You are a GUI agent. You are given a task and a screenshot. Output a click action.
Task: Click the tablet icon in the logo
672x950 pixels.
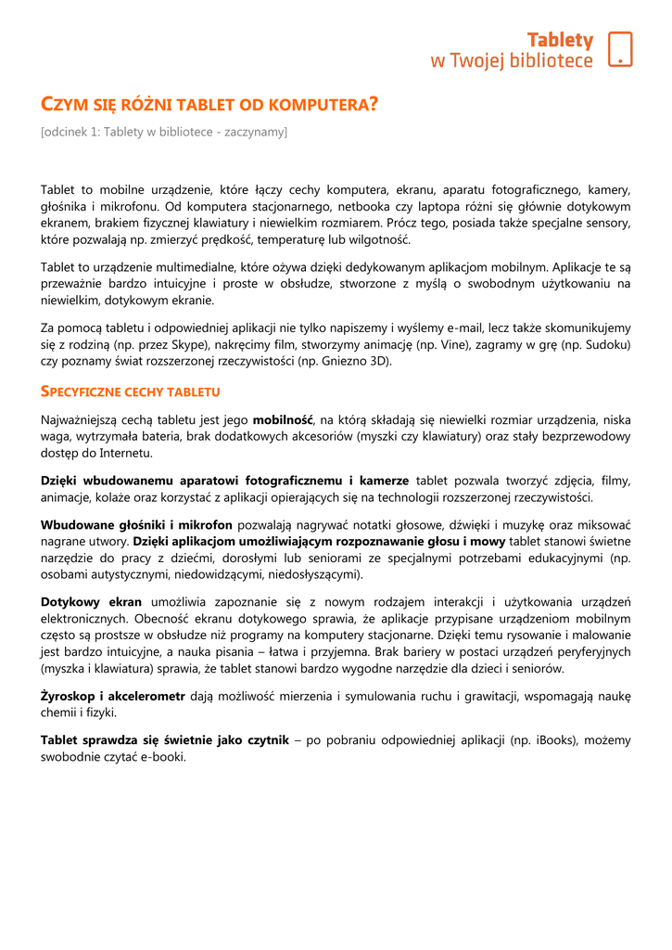620,49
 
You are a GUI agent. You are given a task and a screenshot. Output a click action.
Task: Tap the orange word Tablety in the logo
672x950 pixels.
560,40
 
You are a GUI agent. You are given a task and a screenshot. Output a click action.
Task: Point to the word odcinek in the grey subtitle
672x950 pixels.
66,133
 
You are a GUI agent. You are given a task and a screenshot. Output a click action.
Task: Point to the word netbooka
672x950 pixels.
361,207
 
